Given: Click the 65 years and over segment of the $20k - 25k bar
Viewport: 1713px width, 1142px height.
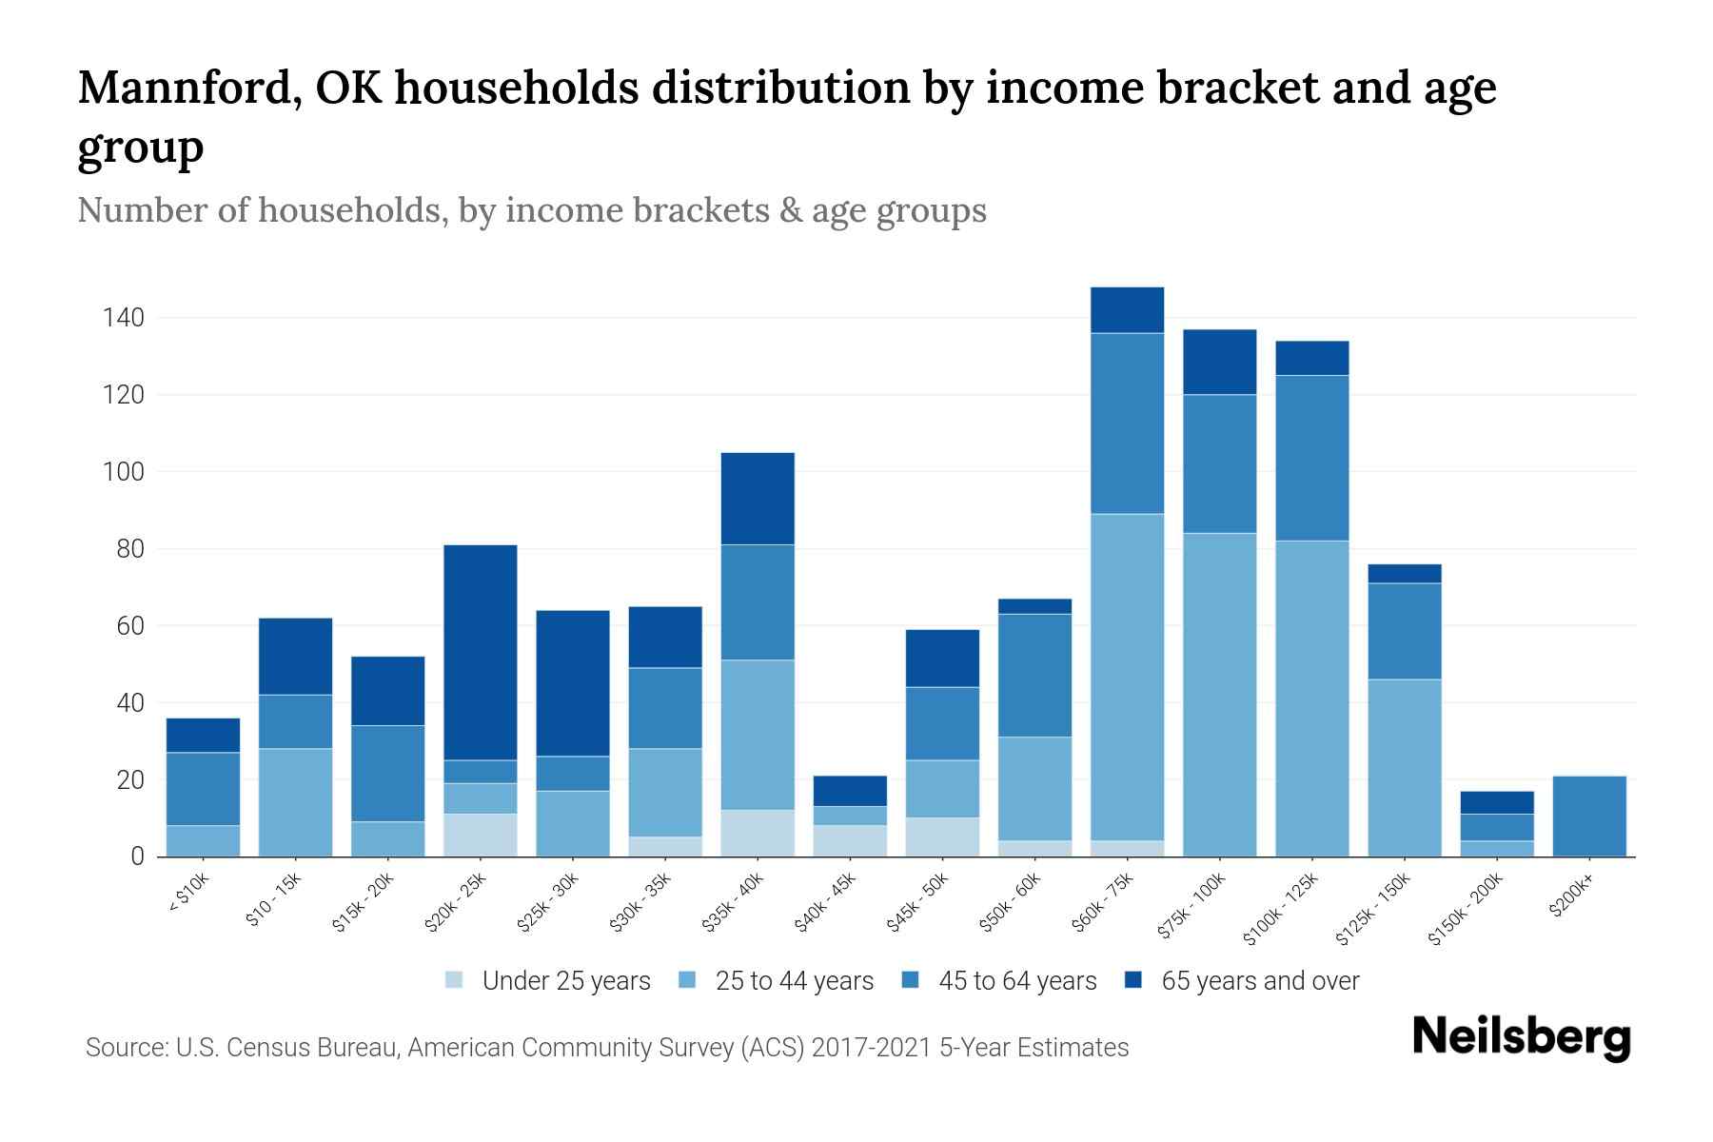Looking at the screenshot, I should pos(480,652).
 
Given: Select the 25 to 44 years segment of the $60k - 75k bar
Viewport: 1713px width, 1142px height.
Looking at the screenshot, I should pos(1127,677).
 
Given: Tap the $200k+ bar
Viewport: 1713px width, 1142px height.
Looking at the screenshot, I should pos(1589,817).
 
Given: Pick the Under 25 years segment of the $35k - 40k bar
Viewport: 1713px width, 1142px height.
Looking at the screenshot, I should pos(758,833).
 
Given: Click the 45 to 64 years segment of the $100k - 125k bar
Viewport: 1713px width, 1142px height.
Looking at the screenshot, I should pos(1311,458).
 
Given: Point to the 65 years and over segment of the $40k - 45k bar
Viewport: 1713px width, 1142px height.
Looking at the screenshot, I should pos(850,791).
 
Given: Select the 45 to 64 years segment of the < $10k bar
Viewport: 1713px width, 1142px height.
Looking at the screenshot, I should pos(203,789).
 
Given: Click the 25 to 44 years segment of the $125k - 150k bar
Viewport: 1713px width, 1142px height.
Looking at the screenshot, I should pos(1404,767).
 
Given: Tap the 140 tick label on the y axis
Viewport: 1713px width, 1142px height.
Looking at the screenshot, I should pos(123,318).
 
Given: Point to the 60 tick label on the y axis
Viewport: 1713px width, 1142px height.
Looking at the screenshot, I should pos(130,626).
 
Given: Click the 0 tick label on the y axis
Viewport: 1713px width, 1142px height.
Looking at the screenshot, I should pos(137,856).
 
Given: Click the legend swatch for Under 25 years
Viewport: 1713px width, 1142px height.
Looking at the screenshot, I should pos(455,980).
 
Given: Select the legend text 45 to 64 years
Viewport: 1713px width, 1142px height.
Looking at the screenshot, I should pos(1017,981).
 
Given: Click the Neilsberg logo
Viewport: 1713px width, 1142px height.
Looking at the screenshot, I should pos(1521,1037).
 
